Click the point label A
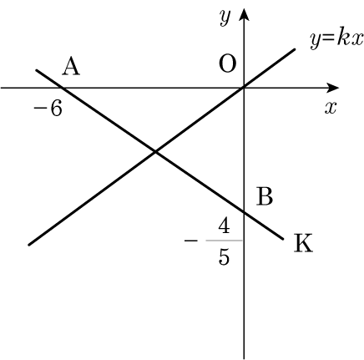click(71, 67)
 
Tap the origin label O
click(228, 63)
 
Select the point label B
click(265, 196)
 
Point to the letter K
click(303, 243)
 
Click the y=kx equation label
click(337, 39)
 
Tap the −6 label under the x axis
click(48, 108)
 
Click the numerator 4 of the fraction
click(224, 226)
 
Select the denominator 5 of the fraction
click(224, 256)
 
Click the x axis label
click(331, 108)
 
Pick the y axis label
click(225, 17)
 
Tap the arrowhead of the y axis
click(244, 14)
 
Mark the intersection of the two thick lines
click(155, 152)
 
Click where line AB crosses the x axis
click(62, 88)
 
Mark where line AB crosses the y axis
click(244, 213)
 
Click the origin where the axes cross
click(244, 88)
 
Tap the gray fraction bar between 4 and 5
click(224, 241)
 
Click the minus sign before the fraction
click(191, 241)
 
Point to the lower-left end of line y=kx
click(29, 245)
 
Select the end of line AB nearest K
click(283, 239)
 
